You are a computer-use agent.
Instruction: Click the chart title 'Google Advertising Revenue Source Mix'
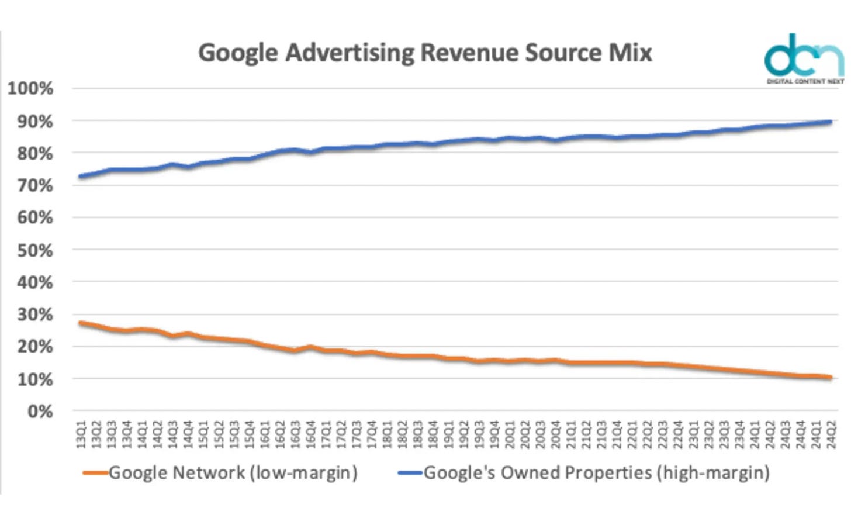pyautogui.click(x=425, y=53)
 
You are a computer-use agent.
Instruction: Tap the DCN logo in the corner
pyautogui.click(x=804, y=59)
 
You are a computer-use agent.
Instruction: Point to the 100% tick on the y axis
pyautogui.click(x=30, y=89)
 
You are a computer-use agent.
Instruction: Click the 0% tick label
pyautogui.click(x=40, y=412)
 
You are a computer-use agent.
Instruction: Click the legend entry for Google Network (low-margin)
pyautogui.click(x=233, y=472)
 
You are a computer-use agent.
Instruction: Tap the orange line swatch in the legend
pyautogui.click(x=95, y=472)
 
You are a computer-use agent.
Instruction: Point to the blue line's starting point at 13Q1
pyautogui.click(x=81, y=176)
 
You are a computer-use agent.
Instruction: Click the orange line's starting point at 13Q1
pyautogui.click(x=81, y=323)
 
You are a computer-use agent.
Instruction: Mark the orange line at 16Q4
pyautogui.click(x=311, y=347)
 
